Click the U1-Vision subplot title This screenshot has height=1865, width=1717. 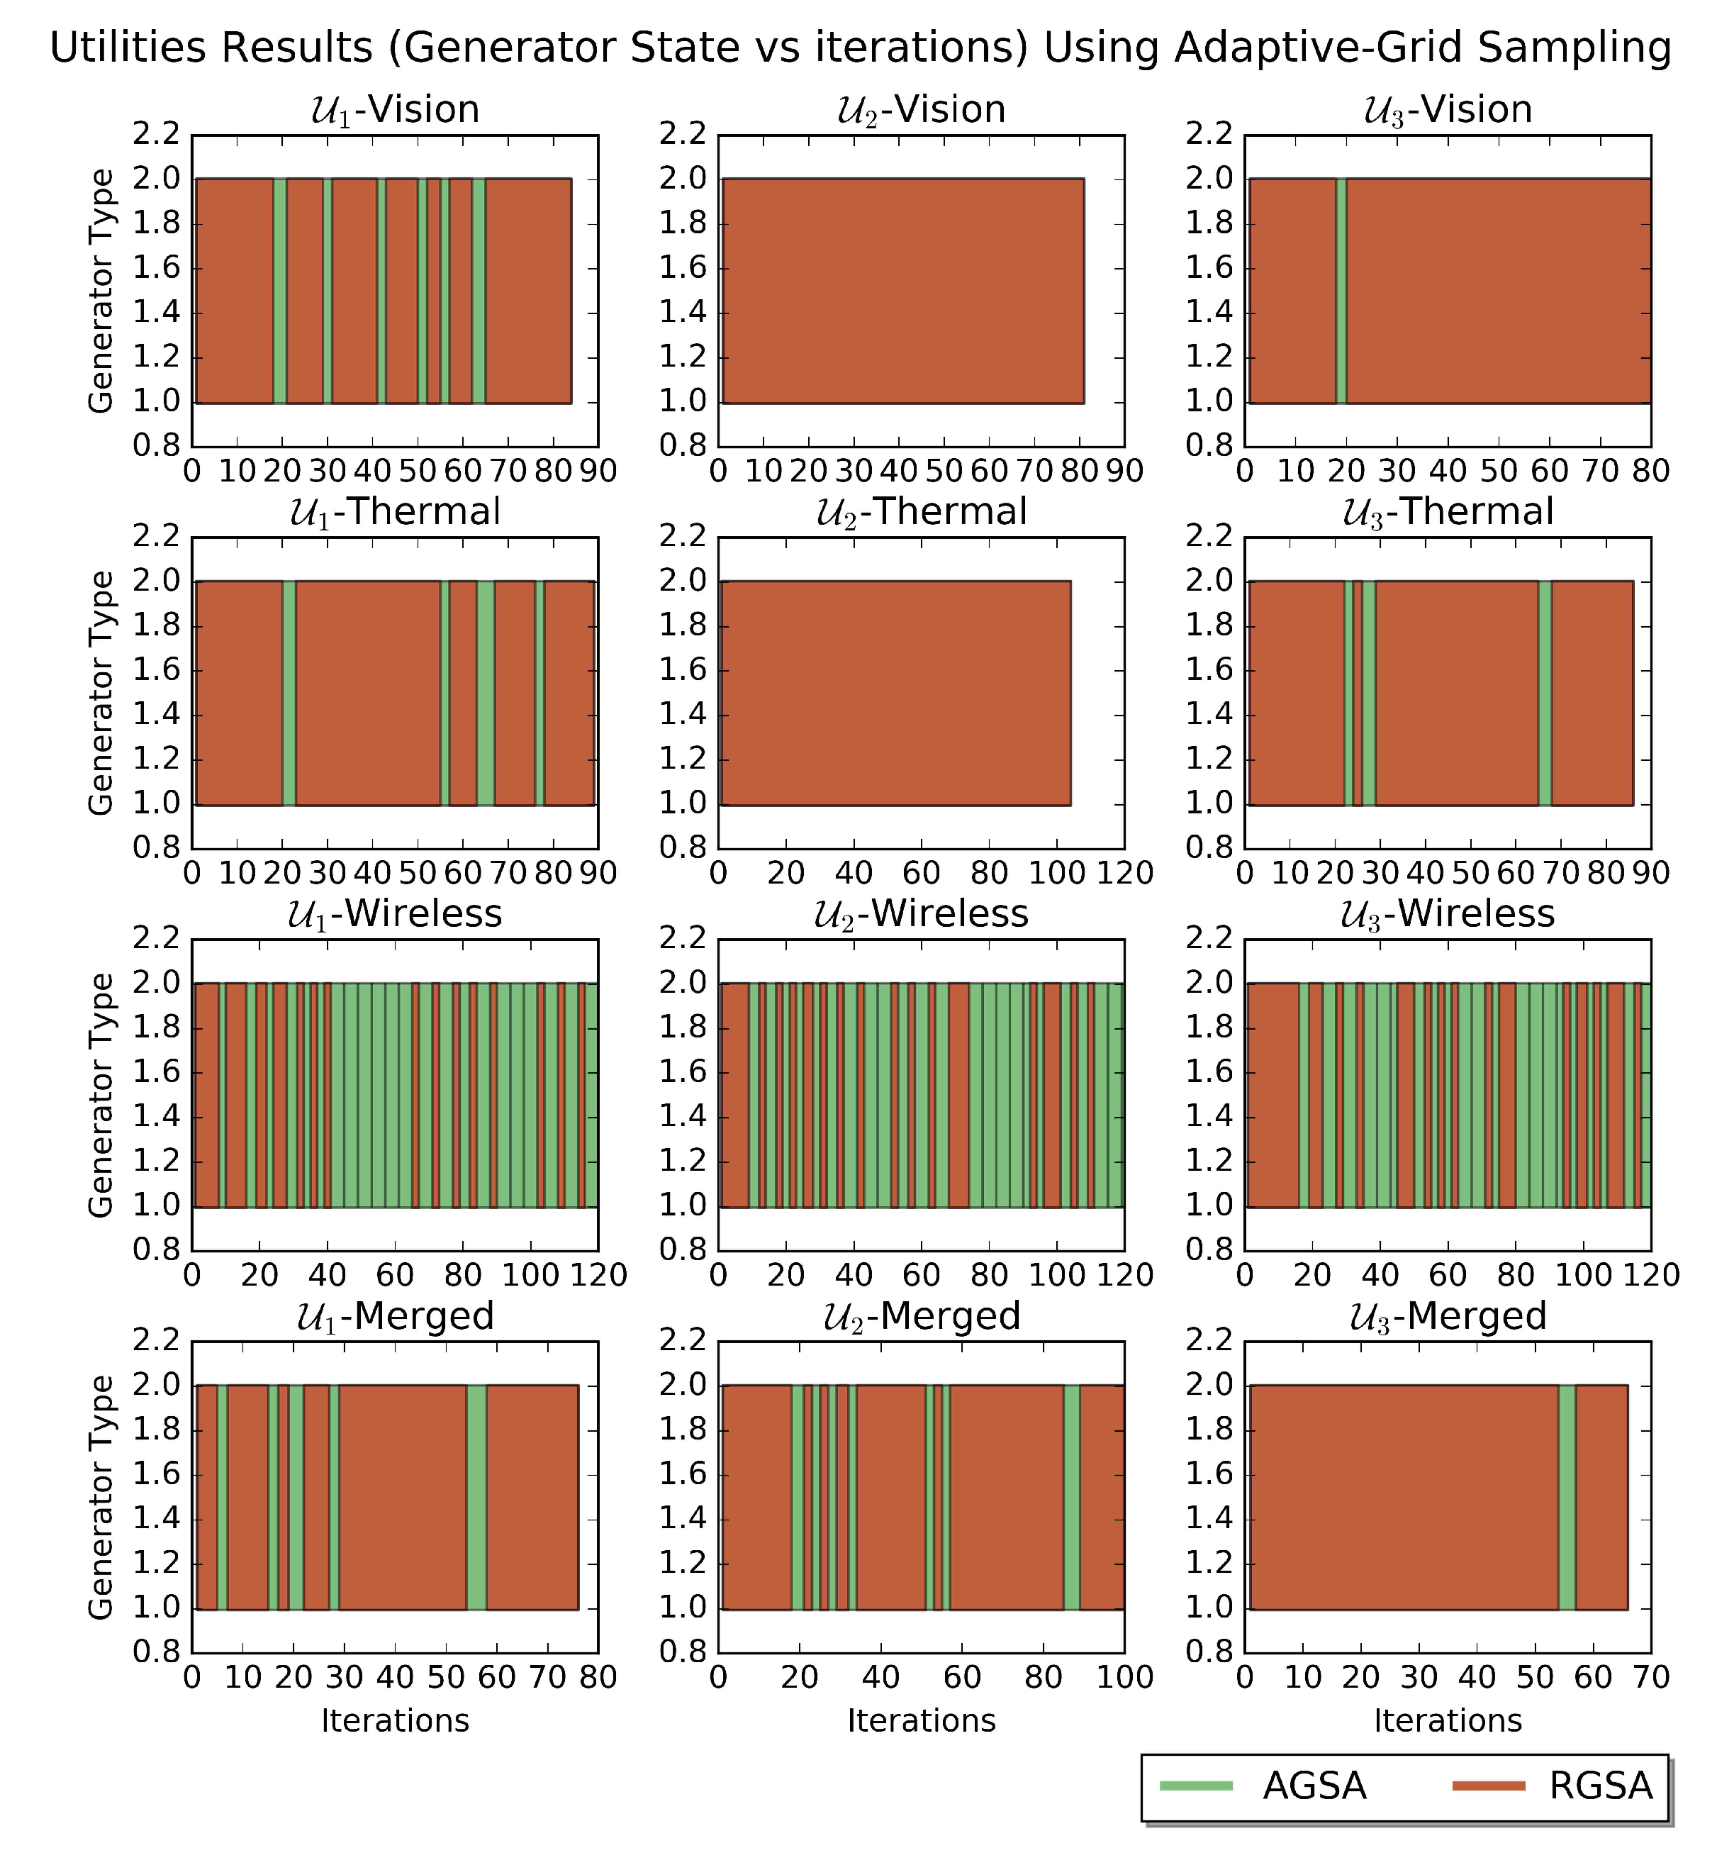[395, 110]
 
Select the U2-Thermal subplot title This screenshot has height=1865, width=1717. [921, 512]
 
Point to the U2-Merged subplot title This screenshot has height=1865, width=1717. [921, 1317]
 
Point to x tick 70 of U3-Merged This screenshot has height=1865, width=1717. [1651, 1677]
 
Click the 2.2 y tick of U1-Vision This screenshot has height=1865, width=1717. [155, 135]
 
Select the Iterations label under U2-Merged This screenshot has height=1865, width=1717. [921, 1721]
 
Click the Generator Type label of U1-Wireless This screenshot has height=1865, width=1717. [101, 1095]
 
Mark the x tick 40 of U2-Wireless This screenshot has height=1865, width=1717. [853, 1275]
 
